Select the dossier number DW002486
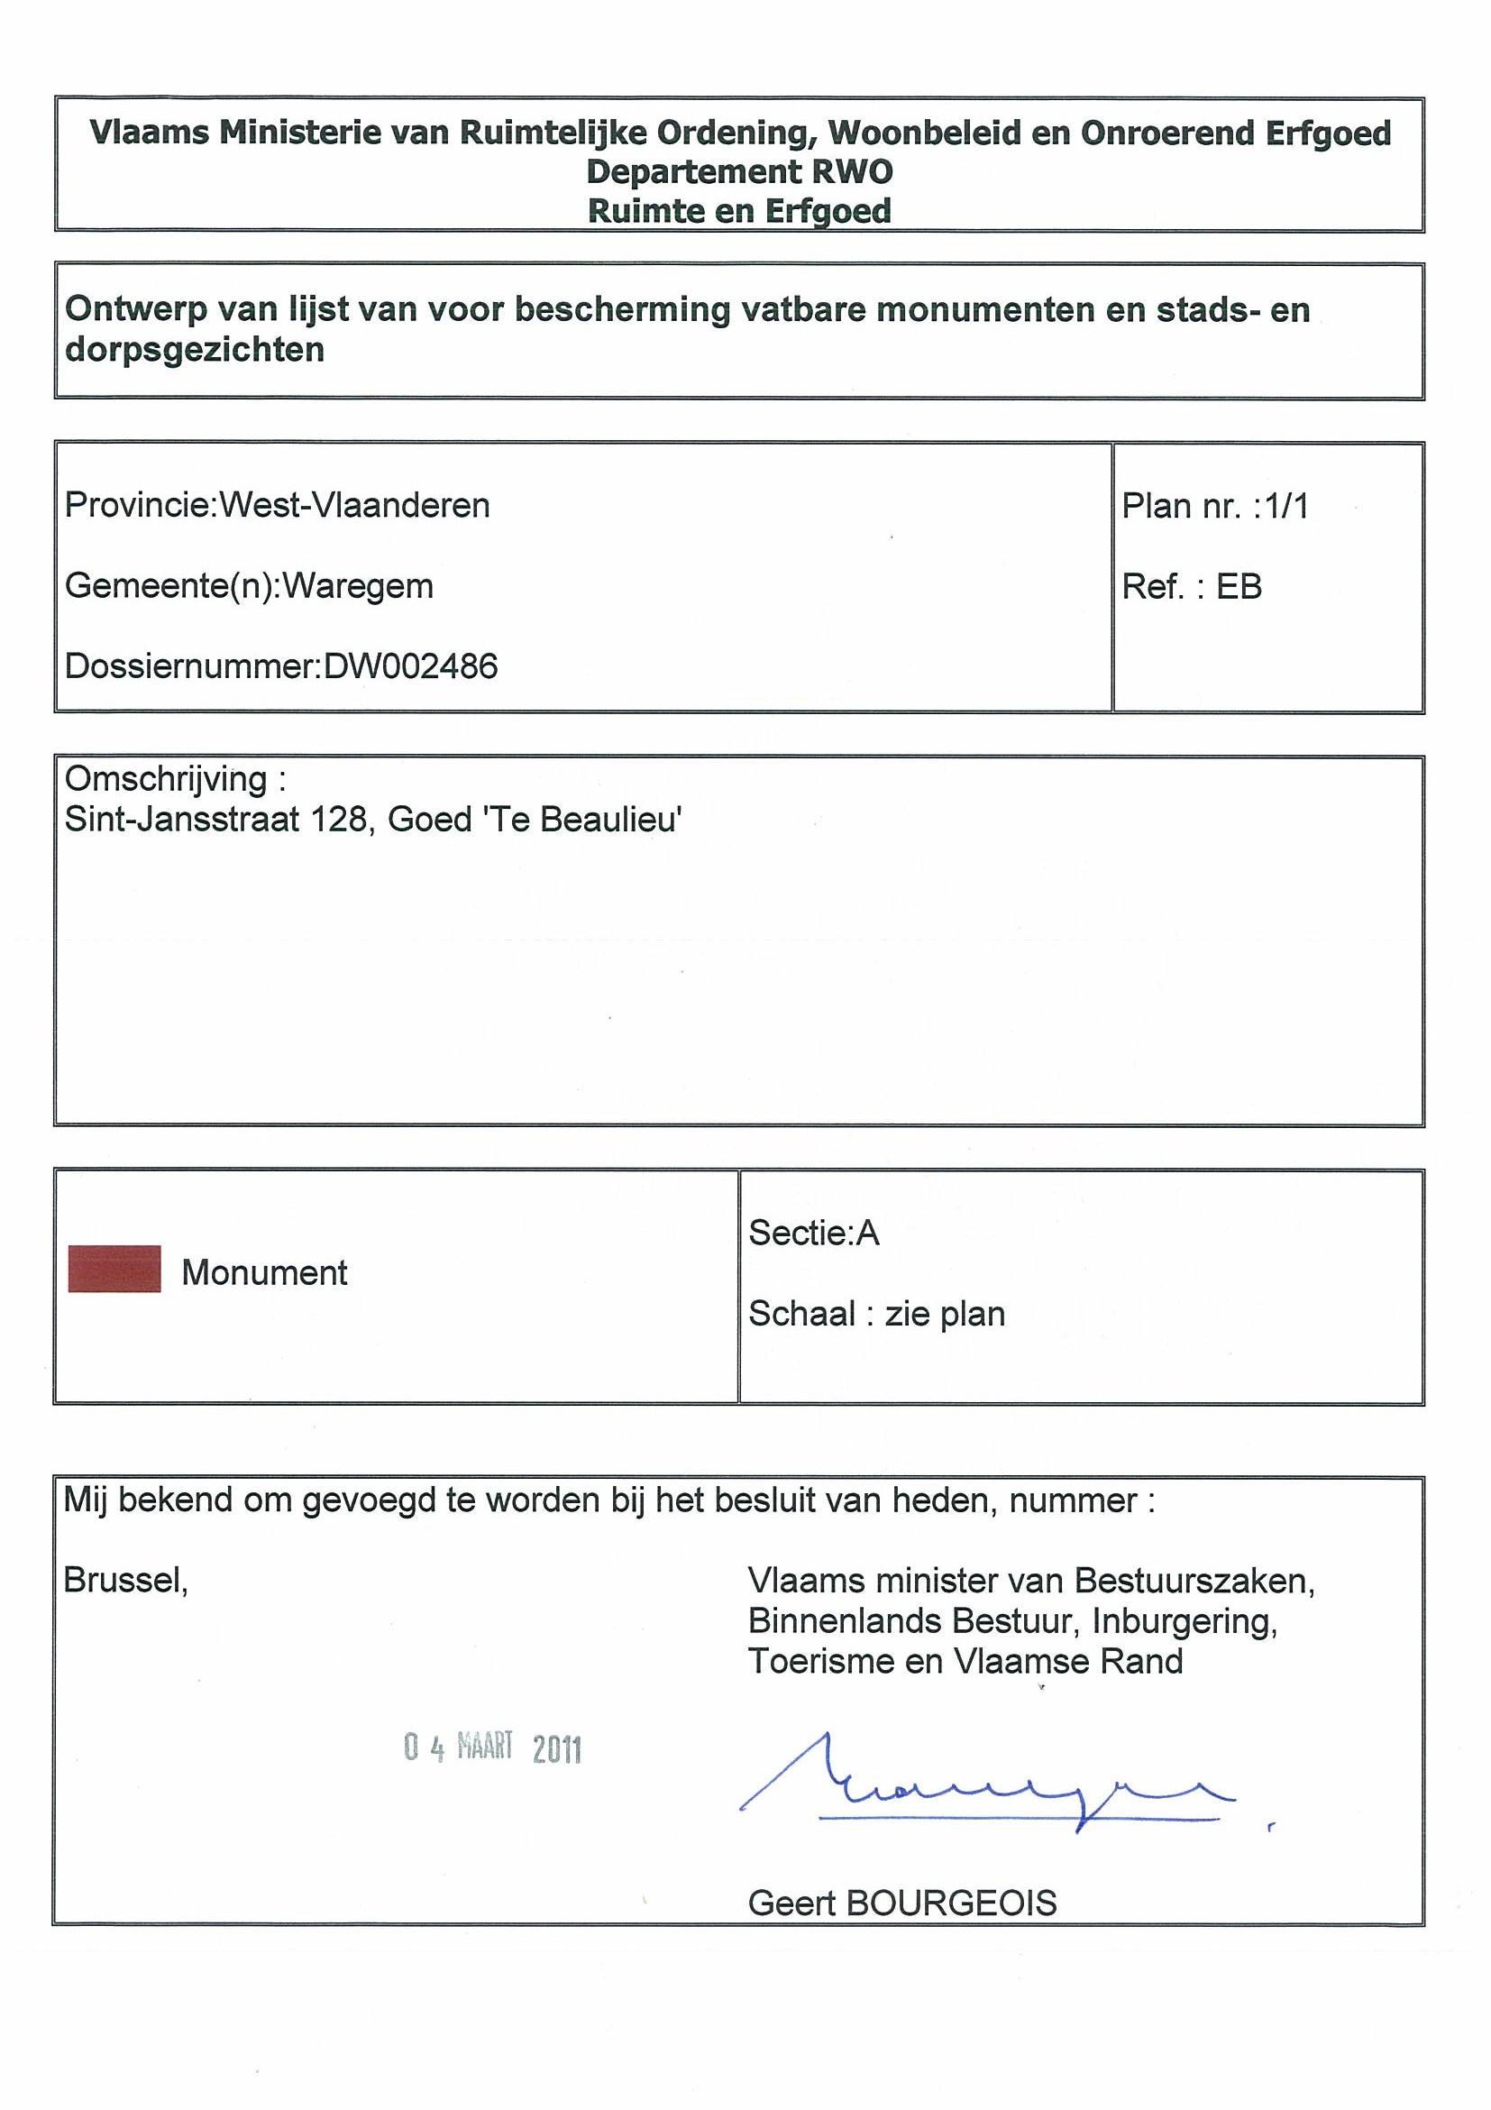coord(411,666)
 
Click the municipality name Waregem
coord(357,585)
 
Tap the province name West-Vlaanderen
coord(354,506)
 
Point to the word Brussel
coord(125,1581)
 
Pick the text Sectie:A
coord(814,1233)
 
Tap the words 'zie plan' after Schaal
coord(945,1314)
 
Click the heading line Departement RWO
coord(739,172)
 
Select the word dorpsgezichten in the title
coord(195,349)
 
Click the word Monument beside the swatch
coord(265,1273)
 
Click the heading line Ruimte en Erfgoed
coord(739,210)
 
